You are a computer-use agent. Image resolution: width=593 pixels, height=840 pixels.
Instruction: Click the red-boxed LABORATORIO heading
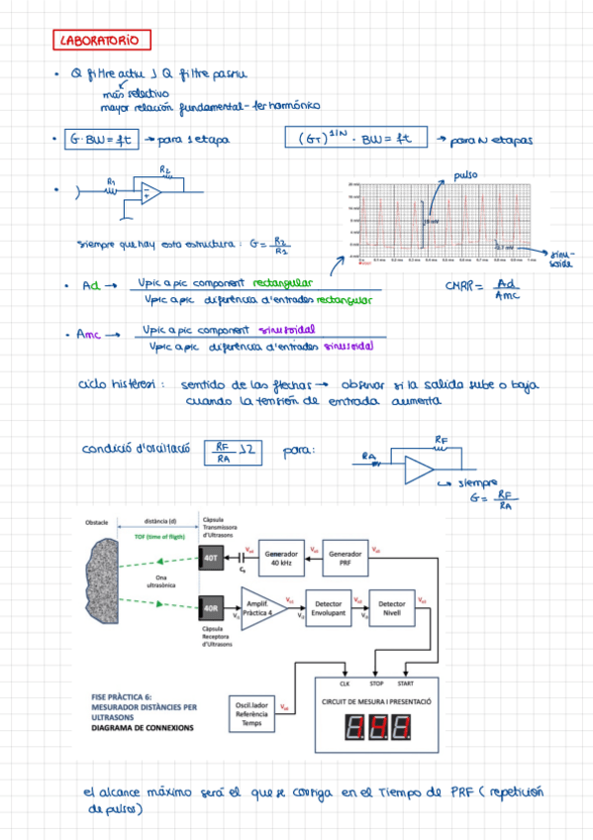coord(102,41)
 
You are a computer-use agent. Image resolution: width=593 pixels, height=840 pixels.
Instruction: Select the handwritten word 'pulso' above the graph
coord(465,175)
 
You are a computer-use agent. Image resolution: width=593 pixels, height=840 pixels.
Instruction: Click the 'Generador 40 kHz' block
coord(282,559)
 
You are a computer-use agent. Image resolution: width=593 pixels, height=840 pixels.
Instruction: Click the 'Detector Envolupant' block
coord(329,608)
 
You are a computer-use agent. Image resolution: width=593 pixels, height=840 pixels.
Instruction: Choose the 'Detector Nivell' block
coord(393,608)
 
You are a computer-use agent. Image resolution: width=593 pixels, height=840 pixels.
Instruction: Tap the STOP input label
coord(376,683)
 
